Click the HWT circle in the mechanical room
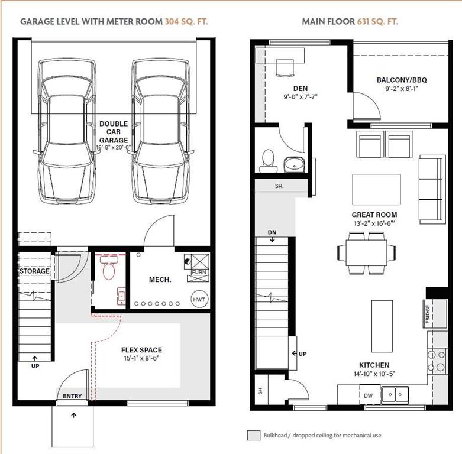(199, 299)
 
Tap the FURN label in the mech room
(199, 272)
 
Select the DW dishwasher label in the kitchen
(368, 395)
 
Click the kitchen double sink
(395, 394)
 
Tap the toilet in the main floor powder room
(268, 161)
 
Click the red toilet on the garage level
(109, 267)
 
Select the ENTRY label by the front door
(72, 396)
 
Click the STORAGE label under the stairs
(34, 271)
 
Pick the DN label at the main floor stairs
(272, 232)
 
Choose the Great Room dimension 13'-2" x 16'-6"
(374, 223)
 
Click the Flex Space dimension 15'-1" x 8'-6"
(141, 358)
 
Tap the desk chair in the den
(285, 68)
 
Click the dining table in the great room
(367, 253)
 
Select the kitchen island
(382, 326)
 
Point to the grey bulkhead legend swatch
(254, 435)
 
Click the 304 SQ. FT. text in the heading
(186, 21)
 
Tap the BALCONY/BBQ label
(402, 80)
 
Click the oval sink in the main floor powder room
(294, 164)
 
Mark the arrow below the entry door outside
(74, 416)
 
